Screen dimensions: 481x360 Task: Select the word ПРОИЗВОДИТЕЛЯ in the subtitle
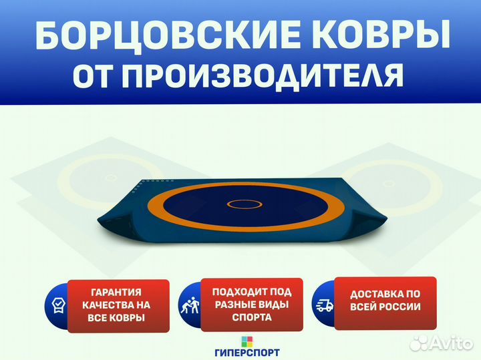tap(263, 75)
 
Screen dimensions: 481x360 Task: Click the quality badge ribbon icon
tap(58, 306)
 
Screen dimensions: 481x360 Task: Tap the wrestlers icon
tap(190, 305)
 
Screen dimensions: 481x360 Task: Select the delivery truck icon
tap(325, 306)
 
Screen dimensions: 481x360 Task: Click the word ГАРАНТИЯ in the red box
tap(116, 293)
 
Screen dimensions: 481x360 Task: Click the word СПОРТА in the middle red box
tap(252, 317)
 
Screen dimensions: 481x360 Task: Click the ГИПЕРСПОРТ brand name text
tap(247, 353)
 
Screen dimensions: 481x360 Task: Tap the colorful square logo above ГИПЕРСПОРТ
tap(247, 341)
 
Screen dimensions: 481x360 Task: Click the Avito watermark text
tap(452, 343)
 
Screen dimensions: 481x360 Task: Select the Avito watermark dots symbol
tap(420, 343)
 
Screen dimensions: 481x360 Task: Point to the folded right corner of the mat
tap(369, 218)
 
